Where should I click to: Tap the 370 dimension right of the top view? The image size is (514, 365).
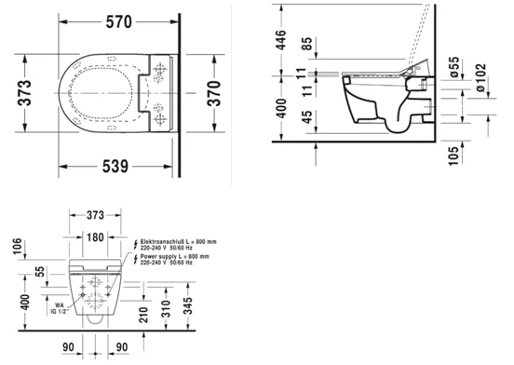tap(217, 93)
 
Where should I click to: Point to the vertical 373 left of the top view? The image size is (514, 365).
tap(29, 93)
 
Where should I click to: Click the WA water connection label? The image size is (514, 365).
tap(61, 304)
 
